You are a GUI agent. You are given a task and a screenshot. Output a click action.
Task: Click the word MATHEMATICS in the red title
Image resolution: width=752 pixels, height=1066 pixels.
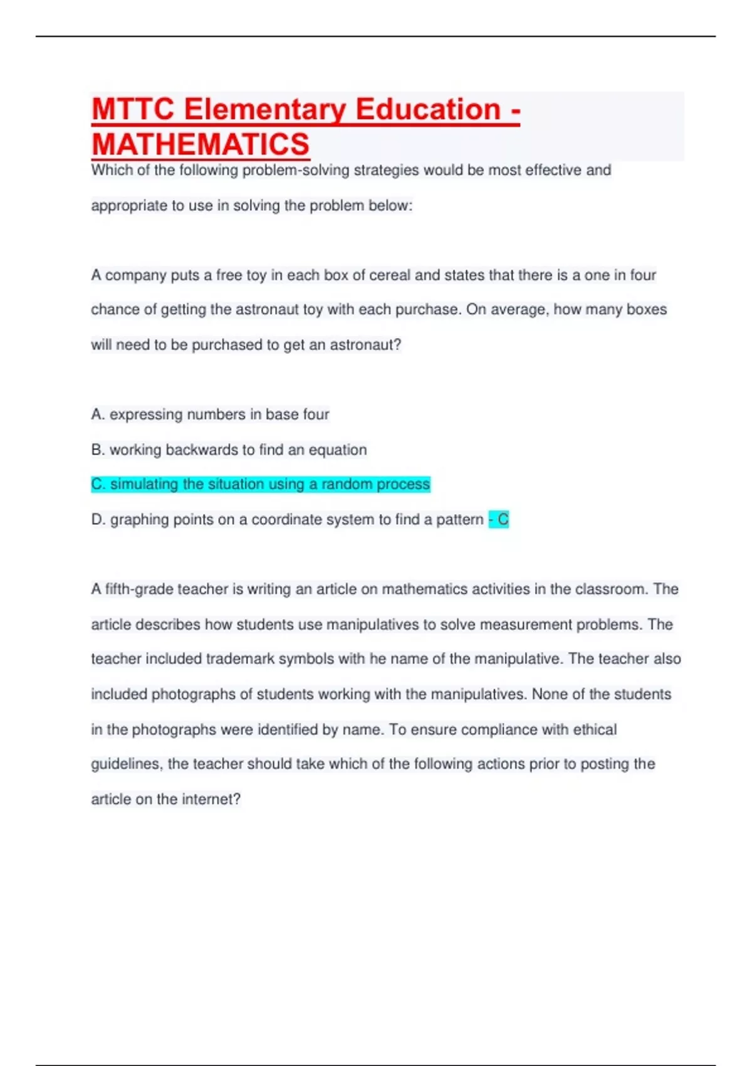click(201, 144)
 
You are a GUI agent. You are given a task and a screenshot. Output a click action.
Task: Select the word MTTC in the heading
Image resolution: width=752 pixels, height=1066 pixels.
click(133, 110)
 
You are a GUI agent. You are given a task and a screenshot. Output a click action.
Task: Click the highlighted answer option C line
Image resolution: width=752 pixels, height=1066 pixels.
click(260, 484)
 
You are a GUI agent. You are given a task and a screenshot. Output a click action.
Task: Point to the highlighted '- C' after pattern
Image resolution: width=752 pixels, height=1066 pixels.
click(499, 519)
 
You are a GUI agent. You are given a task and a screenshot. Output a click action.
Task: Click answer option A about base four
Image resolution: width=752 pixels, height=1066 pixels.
click(210, 414)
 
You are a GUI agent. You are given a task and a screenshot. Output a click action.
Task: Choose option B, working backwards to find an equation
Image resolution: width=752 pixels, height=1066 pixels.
click(229, 450)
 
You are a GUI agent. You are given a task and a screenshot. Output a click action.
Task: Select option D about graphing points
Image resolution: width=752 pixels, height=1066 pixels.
click(287, 519)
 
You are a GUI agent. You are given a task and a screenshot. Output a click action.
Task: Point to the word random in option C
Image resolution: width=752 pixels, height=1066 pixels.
click(344, 484)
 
